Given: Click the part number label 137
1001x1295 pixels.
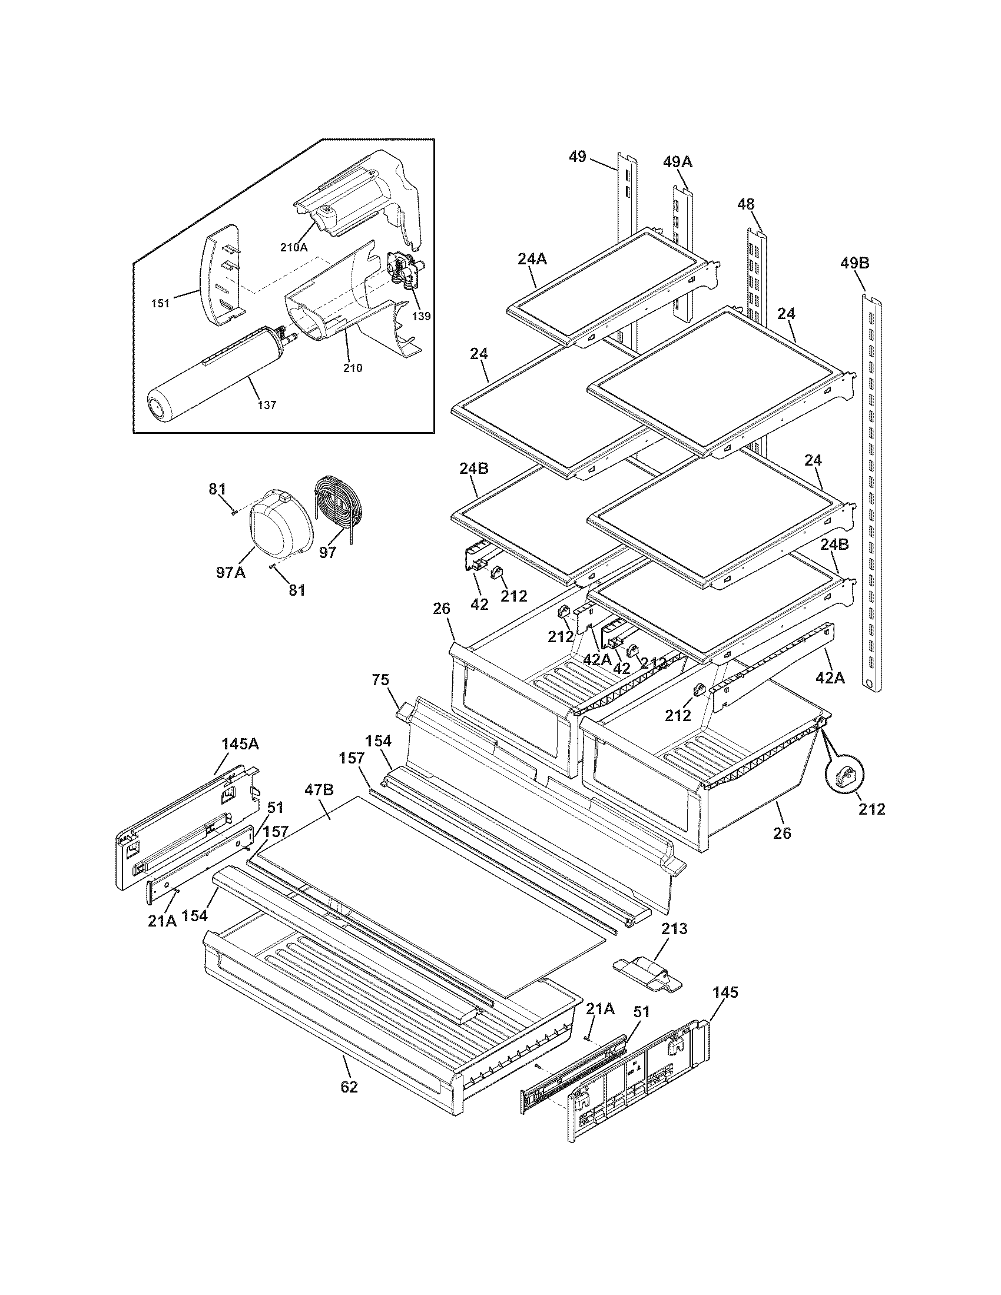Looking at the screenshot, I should (x=267, y=405).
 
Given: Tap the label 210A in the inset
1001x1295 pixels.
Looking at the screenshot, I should (x=294, y=248).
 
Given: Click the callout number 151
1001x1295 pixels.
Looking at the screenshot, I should (x=160, y=304).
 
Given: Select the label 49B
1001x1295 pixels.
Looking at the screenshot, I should (x=854, y=263).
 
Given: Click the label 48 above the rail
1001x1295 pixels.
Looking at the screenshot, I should (x=745, y=205).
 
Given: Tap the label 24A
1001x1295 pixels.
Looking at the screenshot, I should (x=532, y=258).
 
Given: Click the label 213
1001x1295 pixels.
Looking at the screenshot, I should (x=674, y=928).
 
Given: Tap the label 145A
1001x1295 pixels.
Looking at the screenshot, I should (x=240, y=743).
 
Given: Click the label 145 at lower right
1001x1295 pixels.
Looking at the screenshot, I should (x=725, y=991).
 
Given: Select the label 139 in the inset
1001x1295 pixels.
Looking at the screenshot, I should (x=421, y=316).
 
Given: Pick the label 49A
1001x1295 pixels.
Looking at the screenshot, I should (x=678, y=161).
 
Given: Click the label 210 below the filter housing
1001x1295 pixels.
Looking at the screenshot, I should (x=352, y=368).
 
